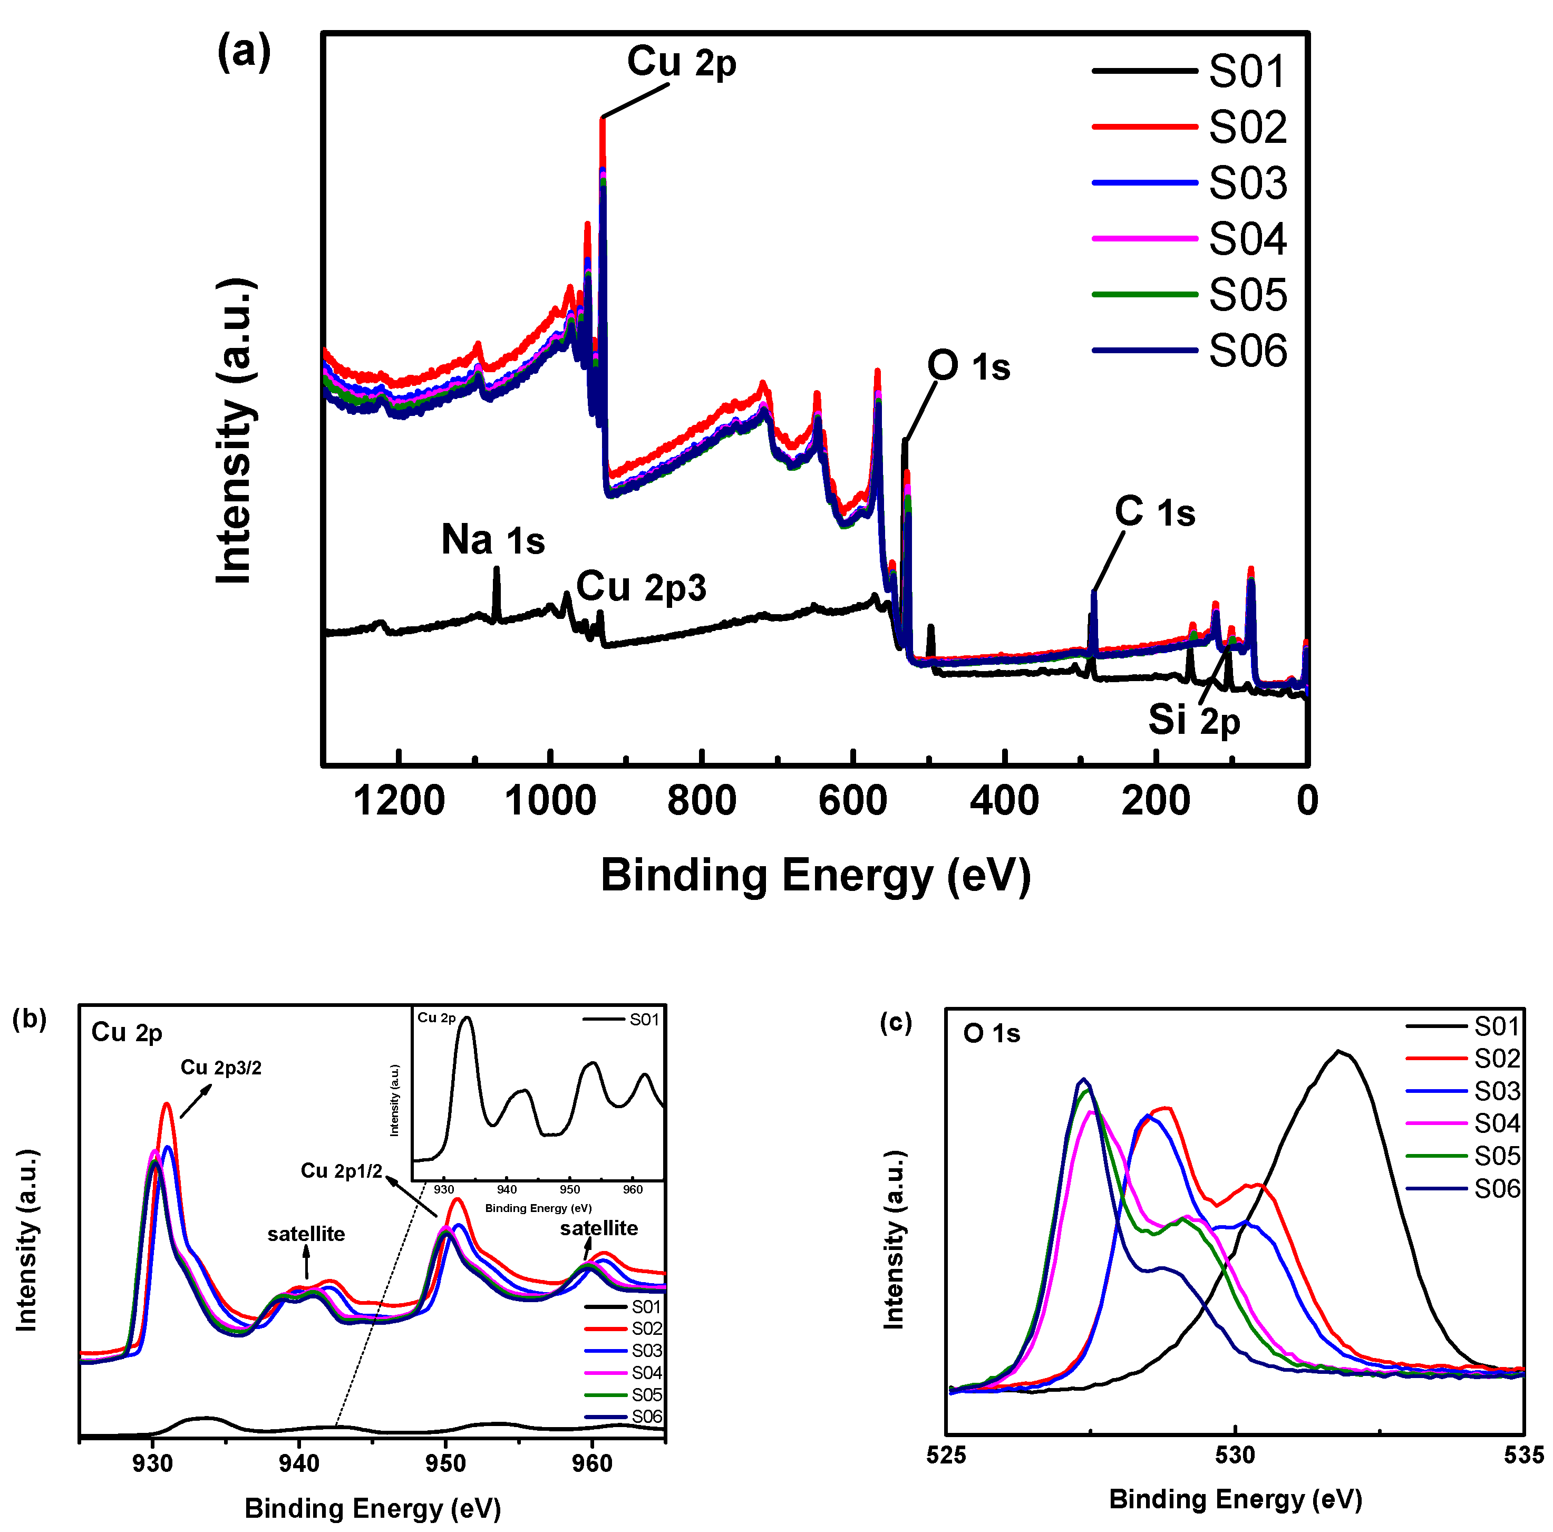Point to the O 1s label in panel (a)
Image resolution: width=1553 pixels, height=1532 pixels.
pyautogui.click(x=968, y=366)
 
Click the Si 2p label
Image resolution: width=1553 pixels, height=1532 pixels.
pyautogui.click(x=1193, y=720)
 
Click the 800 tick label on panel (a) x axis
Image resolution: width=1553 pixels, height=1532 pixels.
pyautogui.click(x=702, y=801)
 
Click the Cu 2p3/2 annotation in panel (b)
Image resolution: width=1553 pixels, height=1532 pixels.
pyautogui.click(x=221, y=1068)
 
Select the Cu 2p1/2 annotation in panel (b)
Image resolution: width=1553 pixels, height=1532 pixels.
pyautogui.click(x=342, y=1171)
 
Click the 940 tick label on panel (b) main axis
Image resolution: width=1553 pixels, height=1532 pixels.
pyautogui.click(x=299, y=1463)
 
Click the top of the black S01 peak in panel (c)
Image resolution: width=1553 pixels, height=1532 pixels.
pyautogui.click(x=1338, y=1051)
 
